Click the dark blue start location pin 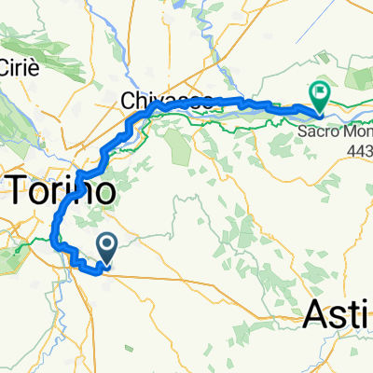tap(107, 247)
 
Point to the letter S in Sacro tap(303, 131)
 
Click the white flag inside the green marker tap(320, 91)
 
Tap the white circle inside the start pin tap(107, 244)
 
